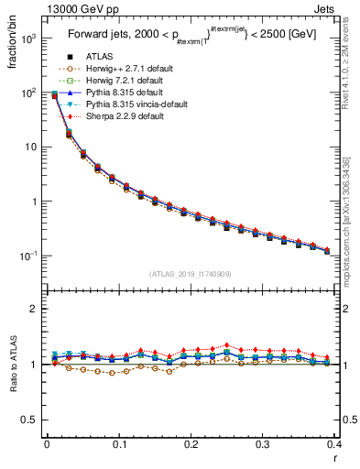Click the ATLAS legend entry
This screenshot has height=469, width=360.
pos(98,58)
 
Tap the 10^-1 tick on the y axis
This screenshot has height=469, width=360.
pos(29,256)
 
